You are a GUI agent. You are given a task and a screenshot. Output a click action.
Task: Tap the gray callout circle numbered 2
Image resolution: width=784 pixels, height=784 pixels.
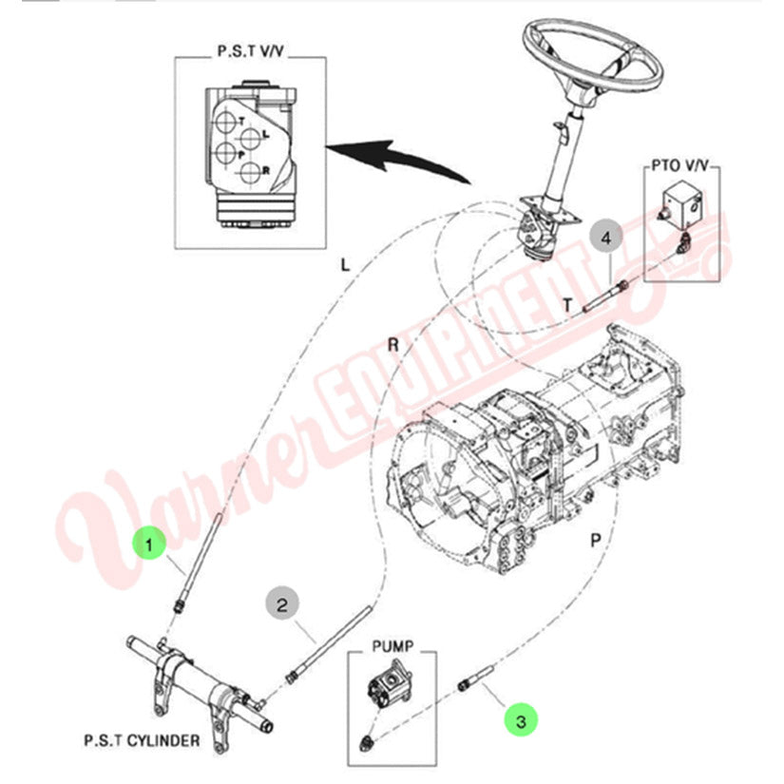pos(281,602)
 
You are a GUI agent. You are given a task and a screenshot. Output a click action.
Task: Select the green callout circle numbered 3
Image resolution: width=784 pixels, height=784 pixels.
pos(520,718)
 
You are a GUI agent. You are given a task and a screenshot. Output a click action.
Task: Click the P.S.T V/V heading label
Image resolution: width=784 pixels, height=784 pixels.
pos(250,51)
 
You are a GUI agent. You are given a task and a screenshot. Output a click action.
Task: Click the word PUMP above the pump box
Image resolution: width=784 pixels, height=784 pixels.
pos(394,643)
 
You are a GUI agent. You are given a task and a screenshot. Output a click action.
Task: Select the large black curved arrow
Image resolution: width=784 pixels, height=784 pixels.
pos(399,157)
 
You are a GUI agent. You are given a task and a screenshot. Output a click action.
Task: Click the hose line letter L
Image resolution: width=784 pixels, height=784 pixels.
pos(345,266)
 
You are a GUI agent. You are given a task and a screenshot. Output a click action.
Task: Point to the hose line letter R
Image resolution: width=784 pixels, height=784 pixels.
pos(393,344)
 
